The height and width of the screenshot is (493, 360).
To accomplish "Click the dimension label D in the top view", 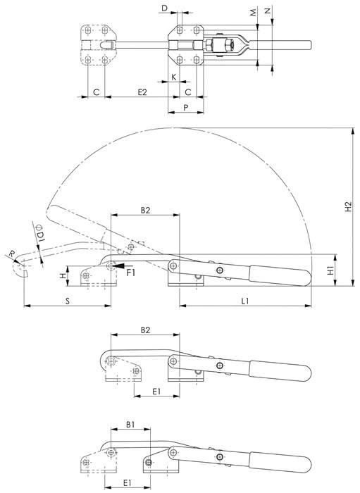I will click(164, 8).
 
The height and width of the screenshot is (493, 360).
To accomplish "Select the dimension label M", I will click(253, 13).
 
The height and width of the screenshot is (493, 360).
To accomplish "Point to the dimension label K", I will click(173, 77).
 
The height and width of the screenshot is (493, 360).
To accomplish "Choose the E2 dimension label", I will click(142, 92).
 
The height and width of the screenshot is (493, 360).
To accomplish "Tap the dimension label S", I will click(68, 301).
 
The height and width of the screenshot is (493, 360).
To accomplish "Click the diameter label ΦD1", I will click(41, 234).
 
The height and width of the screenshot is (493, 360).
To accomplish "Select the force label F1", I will click(130, 272).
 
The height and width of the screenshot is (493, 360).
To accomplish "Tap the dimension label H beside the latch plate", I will click(63, 277).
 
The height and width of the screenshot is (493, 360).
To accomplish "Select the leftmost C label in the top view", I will click(94, 92).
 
